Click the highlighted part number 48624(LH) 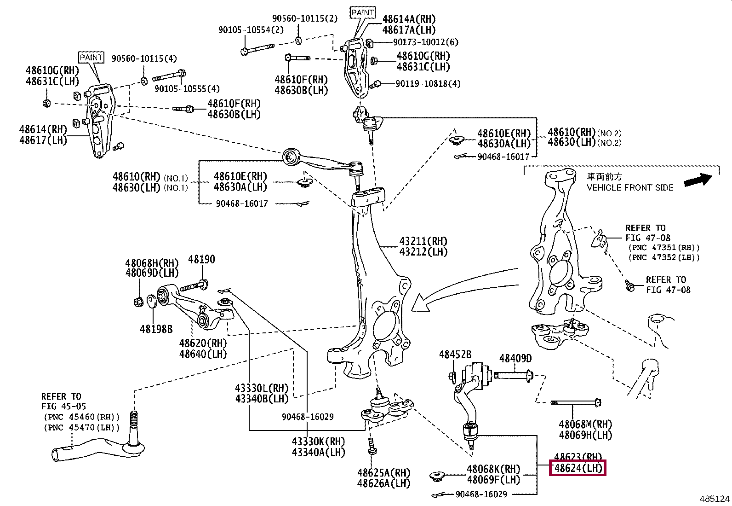tap(578, 468)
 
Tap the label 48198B tap(156, 329)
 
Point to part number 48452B tap(455, 355)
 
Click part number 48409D tap(515, 358)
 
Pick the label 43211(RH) tap(423, 241)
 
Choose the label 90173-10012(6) tap(426, 42)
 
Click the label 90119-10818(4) tap(428, 84)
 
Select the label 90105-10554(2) tap(251, 30)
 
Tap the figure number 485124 tap(715, 499)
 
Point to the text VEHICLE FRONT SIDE tap(630, 187)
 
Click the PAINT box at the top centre tap(363, 12)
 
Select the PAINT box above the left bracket tap(91, 58)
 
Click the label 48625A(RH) tap(383, 473)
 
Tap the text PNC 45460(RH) tap(82, 417)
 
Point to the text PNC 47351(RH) tap(664, 248)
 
